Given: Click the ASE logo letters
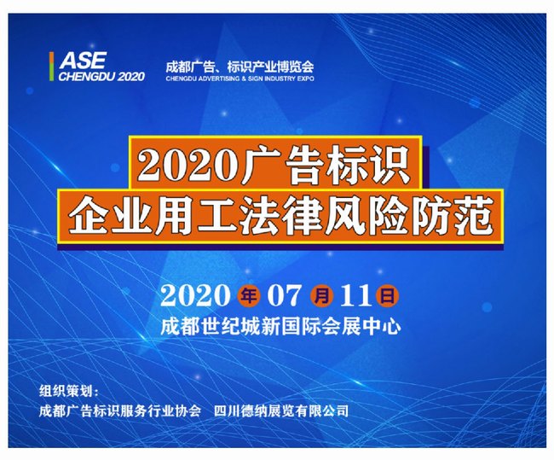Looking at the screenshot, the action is click(83, 61).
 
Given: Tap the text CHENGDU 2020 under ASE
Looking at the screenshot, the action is click(101, 77).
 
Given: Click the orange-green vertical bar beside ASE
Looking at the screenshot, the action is click(52, 67).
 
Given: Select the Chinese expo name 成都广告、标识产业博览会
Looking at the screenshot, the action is click(239, 67).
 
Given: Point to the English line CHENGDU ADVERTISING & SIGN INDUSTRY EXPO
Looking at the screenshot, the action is click(239, 79).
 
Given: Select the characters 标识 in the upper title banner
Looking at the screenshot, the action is click(368, 166).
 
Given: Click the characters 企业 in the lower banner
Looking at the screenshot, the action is click(110, 216).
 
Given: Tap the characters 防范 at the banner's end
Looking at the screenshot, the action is click(453, 216).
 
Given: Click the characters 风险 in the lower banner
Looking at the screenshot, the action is click(367, 216).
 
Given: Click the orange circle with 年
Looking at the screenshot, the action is click(249, 295).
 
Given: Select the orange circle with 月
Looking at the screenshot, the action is click(321, 295).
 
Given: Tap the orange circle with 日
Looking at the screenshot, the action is click(388, 295).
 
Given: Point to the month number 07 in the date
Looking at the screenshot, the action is click(285, 295).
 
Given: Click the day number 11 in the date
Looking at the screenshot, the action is click(355, 295).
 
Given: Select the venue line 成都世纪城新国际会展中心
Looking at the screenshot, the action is click(280, 326).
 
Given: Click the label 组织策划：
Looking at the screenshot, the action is click(69, 392).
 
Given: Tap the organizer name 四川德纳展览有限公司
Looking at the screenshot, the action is click(281, 411).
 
